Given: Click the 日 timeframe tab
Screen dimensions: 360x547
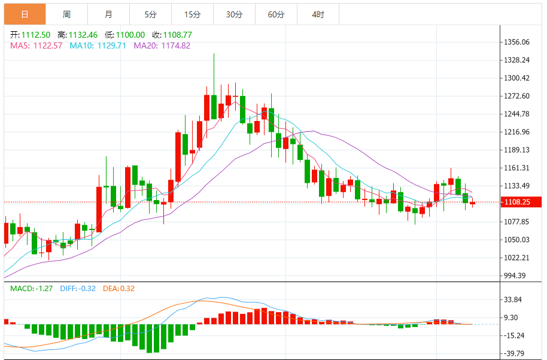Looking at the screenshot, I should click(x=25, y=14).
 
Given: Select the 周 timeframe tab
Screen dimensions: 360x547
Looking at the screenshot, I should click(x=66, y=14).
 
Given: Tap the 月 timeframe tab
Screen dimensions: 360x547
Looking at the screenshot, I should click(x=108, y=14).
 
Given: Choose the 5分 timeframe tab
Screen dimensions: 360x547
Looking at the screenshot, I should click(x=150, y=14).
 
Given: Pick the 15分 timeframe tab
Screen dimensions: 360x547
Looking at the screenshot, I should click(x=192, y=14).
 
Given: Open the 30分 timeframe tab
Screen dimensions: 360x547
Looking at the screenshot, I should click(x=234, y=14).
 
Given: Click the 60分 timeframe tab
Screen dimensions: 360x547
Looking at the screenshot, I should click(x=276, y=14).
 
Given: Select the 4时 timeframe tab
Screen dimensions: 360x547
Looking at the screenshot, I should click(x=318, y=14).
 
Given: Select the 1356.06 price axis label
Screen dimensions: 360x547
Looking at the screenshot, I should click(x=516, y=42).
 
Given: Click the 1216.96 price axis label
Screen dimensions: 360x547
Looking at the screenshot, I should click(x=516, y=132).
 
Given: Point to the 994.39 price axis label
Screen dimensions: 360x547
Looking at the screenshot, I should click(x=515, y=276).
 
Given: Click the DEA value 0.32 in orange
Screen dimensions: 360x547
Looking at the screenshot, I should click(x=126, y=289).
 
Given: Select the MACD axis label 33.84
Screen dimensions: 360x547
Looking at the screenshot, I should click(x=514, y=300).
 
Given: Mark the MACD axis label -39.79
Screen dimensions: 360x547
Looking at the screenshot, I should click(x=514, y=353).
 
